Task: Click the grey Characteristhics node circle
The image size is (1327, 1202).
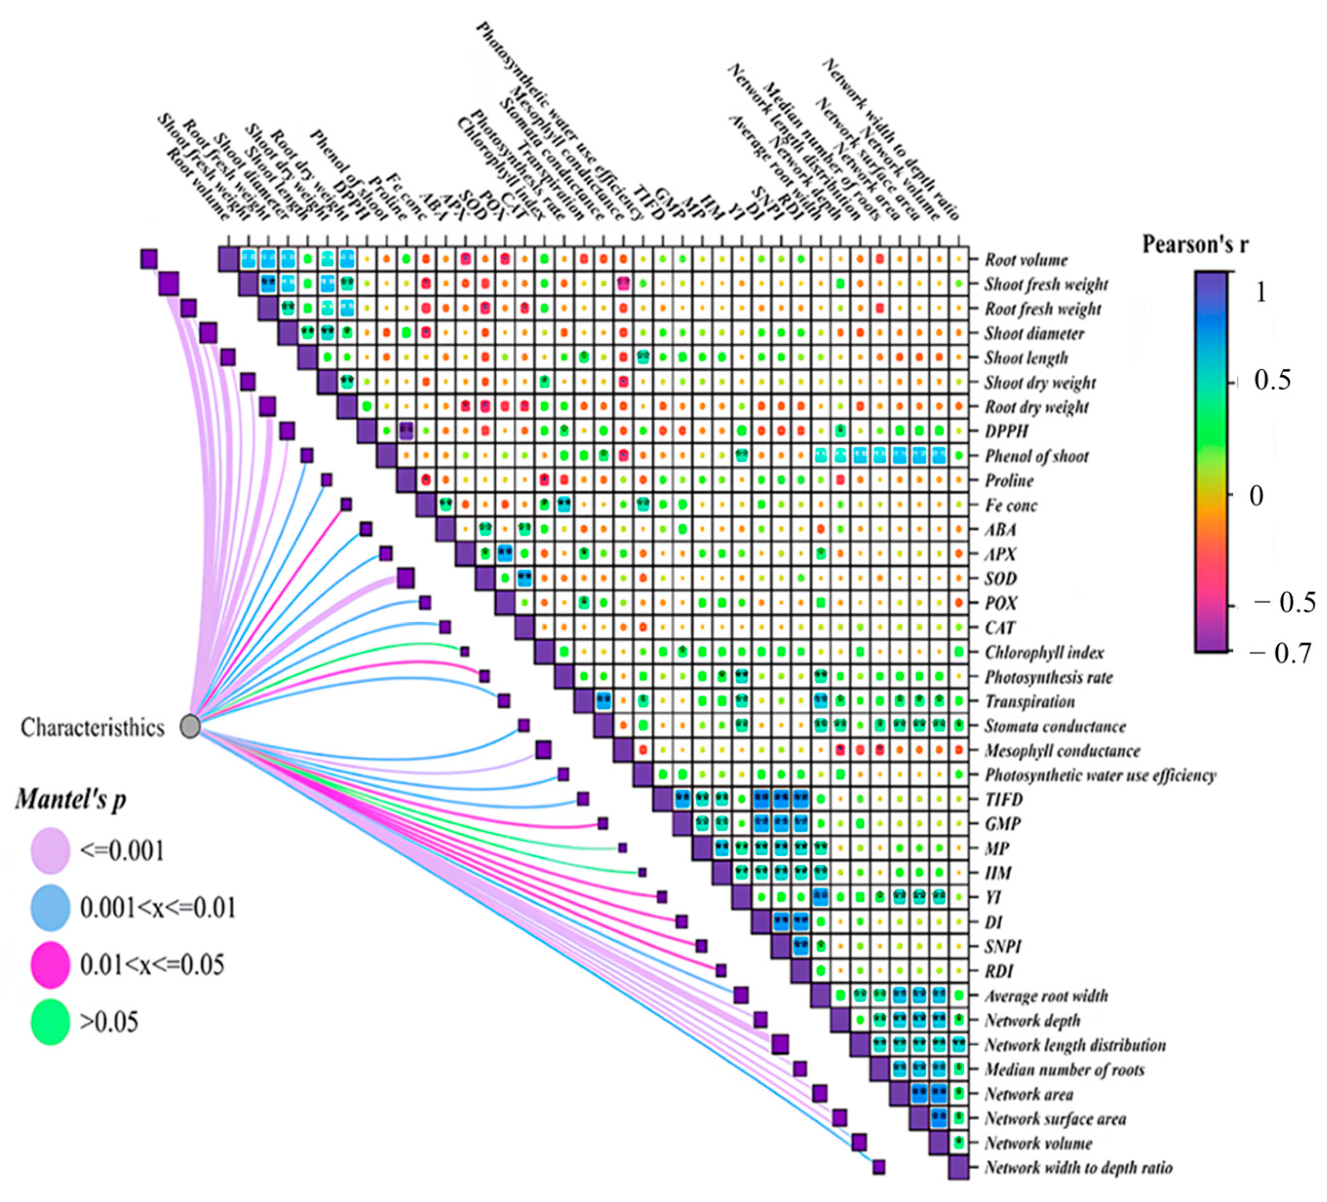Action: [190, 726]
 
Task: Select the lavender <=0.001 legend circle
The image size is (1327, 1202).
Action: [50, 851]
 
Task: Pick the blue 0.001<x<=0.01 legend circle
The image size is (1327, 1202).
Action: [50, 908]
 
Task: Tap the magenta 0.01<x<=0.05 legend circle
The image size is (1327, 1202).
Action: [50, 964]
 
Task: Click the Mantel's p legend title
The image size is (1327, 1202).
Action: [70, 799]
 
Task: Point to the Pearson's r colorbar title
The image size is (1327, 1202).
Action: [1195, 245]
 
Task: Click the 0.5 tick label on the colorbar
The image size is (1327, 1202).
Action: [1273, 381]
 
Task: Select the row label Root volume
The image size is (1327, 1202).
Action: [1026, 260]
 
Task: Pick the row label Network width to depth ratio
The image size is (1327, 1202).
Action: [1078, 1168]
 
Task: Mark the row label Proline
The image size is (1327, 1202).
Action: [1009, 481]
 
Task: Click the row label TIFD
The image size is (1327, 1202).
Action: [1003, 800]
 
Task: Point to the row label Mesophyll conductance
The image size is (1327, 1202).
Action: [1062, 751]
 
